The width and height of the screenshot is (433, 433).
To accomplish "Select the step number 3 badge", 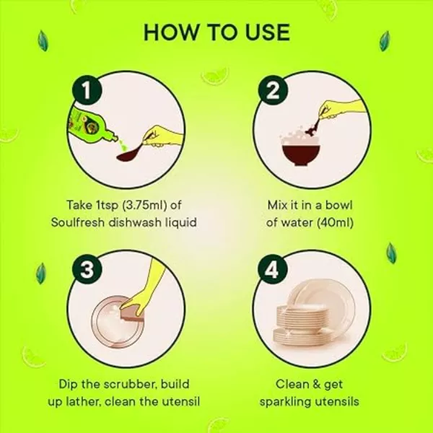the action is click(87, 268).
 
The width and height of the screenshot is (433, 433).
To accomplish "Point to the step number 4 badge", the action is click(273, 268).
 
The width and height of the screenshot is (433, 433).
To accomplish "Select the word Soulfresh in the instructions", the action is click(78, 222).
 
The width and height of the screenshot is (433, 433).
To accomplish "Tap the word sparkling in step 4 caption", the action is click(285, 402).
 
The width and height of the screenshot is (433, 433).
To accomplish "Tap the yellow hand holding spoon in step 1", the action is click(163, 136).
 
